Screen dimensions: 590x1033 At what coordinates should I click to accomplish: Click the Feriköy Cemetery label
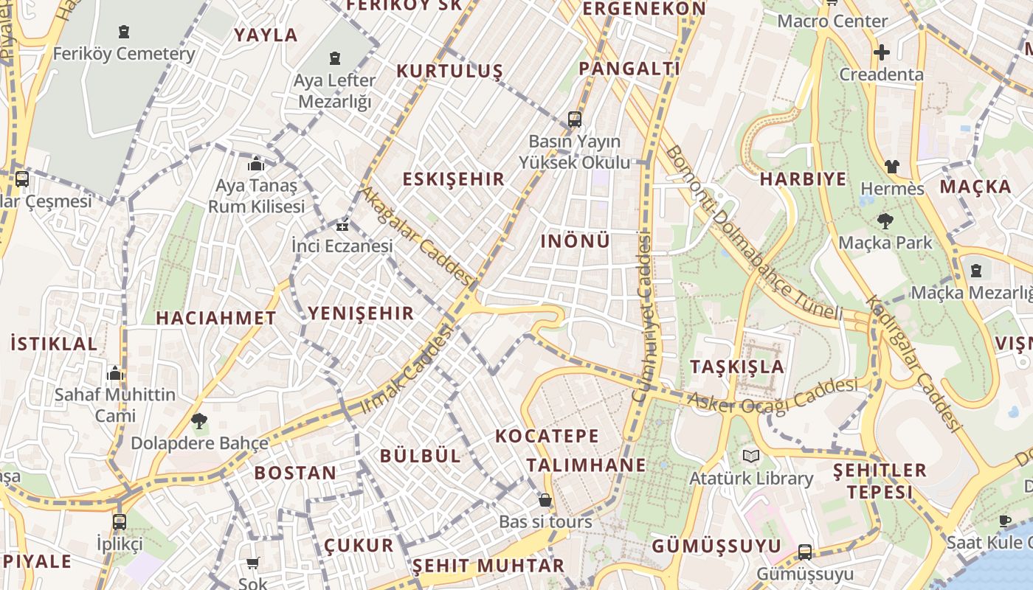click(x=124, y=54)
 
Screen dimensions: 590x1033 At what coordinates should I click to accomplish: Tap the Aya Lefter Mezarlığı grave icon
click(x=335, y=58)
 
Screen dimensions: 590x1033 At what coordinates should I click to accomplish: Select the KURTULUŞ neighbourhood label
click(x=449, y=72)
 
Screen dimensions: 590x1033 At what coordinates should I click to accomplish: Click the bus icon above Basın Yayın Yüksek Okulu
click(x=574, y=119)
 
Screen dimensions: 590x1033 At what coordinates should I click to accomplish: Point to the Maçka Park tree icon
click(x=885, y=221)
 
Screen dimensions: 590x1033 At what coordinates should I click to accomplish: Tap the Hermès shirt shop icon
click(x=891, y=167)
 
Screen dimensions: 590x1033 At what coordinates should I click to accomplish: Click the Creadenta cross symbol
click(x=881, y=52)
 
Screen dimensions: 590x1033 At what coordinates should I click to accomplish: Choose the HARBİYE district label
click(x=803, y=179)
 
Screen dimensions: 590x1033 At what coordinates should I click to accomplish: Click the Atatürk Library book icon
click(x=751, y=457)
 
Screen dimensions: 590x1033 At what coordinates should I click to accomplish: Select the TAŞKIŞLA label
click(x=736, y=367)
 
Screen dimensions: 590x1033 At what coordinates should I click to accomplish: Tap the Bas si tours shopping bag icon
click(x=545, y=500)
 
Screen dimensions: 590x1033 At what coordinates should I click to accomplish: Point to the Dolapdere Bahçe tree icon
click(x=198, y=421)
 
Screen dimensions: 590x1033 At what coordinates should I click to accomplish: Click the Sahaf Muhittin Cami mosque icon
click(x=114, y=373)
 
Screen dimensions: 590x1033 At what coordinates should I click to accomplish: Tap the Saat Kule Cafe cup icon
click(x=1005, y=521)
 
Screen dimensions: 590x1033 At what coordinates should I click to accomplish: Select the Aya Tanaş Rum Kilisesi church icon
click(x=256, y=164)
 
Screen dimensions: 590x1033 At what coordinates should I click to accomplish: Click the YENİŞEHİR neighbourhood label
click(x=361, y=313)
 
